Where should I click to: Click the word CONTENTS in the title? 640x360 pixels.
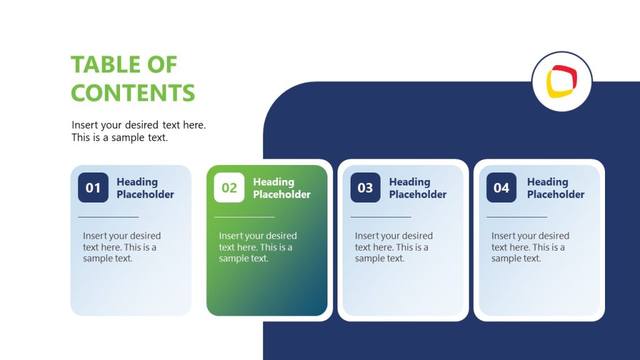(x=132, y=93)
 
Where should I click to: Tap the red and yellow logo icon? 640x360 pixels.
(x=561, y=82)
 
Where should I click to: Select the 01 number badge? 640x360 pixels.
(x=93, y=187)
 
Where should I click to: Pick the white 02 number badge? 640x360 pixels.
(x=229, y=187)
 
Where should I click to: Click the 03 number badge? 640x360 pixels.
(x=366, y=187)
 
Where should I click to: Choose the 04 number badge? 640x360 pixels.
(x=501, y=187)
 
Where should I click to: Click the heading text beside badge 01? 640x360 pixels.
(x=145, y=188)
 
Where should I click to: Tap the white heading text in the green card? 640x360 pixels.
(x=281, y=188)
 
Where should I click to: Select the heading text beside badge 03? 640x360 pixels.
(x=417, y=188)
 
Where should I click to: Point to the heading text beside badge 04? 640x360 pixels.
(x=556, y=188)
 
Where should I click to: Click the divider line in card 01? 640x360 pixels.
(x=108, y=217)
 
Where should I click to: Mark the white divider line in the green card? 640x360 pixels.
(x=244, y=217)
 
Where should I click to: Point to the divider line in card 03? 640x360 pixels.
(x=381, y=217)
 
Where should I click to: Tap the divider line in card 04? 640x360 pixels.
(x=517, y=217)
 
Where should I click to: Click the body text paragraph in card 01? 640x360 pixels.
(x=121, y=247)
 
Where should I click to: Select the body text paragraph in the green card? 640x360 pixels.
(x=257, y=247)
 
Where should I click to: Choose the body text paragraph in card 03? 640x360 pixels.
(x=394, y=247)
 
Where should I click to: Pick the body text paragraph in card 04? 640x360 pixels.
(x=530, y=247)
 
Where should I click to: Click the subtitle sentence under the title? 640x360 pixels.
(x=138, y=131)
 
